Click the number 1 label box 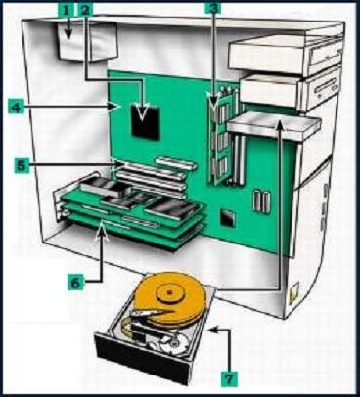pyautogui.click(x=67, y=9)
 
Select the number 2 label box pyautogui.click(x=85, y=9)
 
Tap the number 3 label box pyautogui.click(x=213, y=9)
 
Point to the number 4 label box pyautogui.click(x=17, y=107)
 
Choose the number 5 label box pyautogui.click(x=21, y=165)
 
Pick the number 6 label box pyautogui.click(x=75, y=282)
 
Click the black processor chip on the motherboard pyautogui.click(x=146, y=120)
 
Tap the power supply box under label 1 pyautogui.click(x=87, y=41)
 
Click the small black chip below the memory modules pyautogui.click(x=228, y=217)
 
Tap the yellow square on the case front pyautogui.click(x=294, y=291)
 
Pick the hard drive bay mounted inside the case pyautogui.click(x=274, y=125)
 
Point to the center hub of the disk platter pyautogui.click(x=169, y=292)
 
